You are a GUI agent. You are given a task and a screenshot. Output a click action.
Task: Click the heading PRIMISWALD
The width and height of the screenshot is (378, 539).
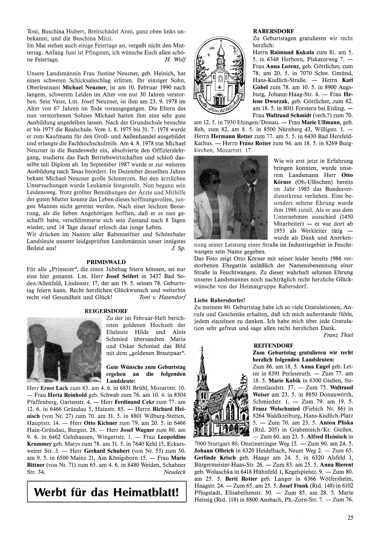106,262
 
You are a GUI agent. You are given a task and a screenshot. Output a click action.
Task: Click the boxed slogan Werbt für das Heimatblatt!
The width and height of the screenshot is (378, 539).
107,492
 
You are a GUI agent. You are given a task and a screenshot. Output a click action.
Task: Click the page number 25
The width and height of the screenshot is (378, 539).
350,518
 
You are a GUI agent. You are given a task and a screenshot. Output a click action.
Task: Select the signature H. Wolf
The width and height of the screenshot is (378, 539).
175,59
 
